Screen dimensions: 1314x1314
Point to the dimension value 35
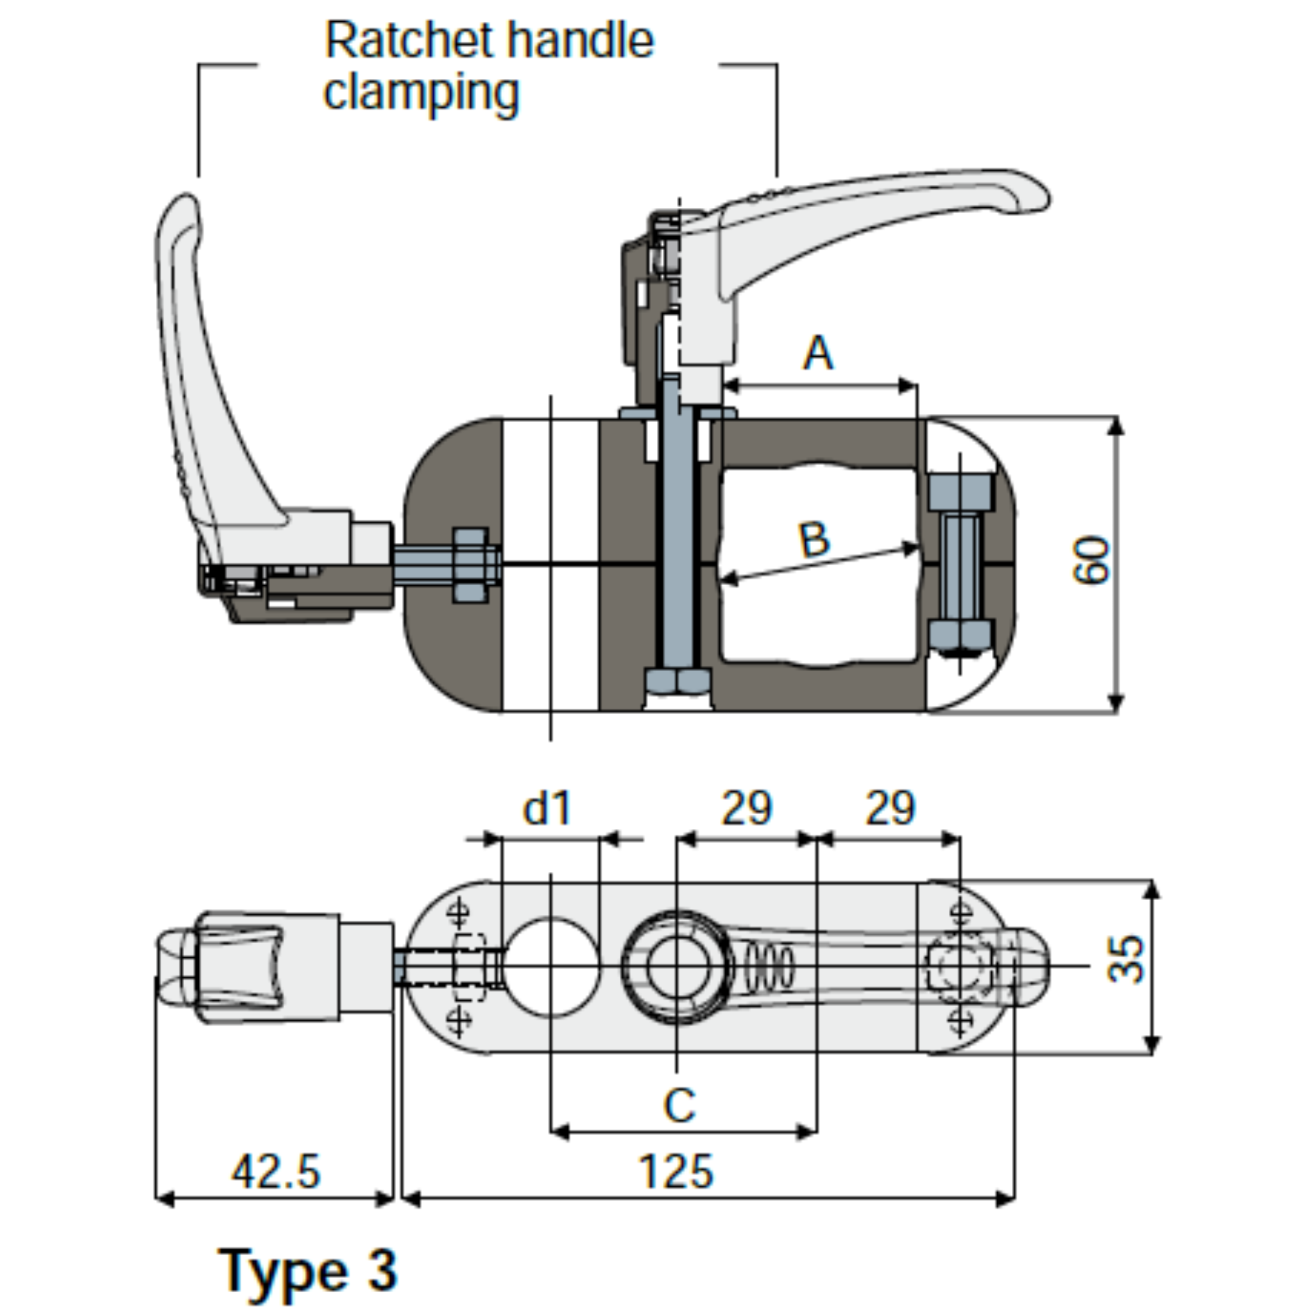[x=1125, y=960]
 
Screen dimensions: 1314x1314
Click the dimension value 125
[x=677, y=1172]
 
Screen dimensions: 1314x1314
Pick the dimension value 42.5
[x=275, y=1172]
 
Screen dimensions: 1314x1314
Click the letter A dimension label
[x=817, y=353]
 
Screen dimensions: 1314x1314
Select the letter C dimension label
[x=679, y=1105]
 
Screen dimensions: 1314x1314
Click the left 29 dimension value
[x=746, y=808]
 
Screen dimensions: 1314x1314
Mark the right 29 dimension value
[x=891, y=808]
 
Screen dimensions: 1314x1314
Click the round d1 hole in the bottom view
[x=551, y=966]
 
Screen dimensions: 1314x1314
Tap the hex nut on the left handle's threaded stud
[x=471, y=564]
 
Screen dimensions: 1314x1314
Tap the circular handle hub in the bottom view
[x=678, y=966]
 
